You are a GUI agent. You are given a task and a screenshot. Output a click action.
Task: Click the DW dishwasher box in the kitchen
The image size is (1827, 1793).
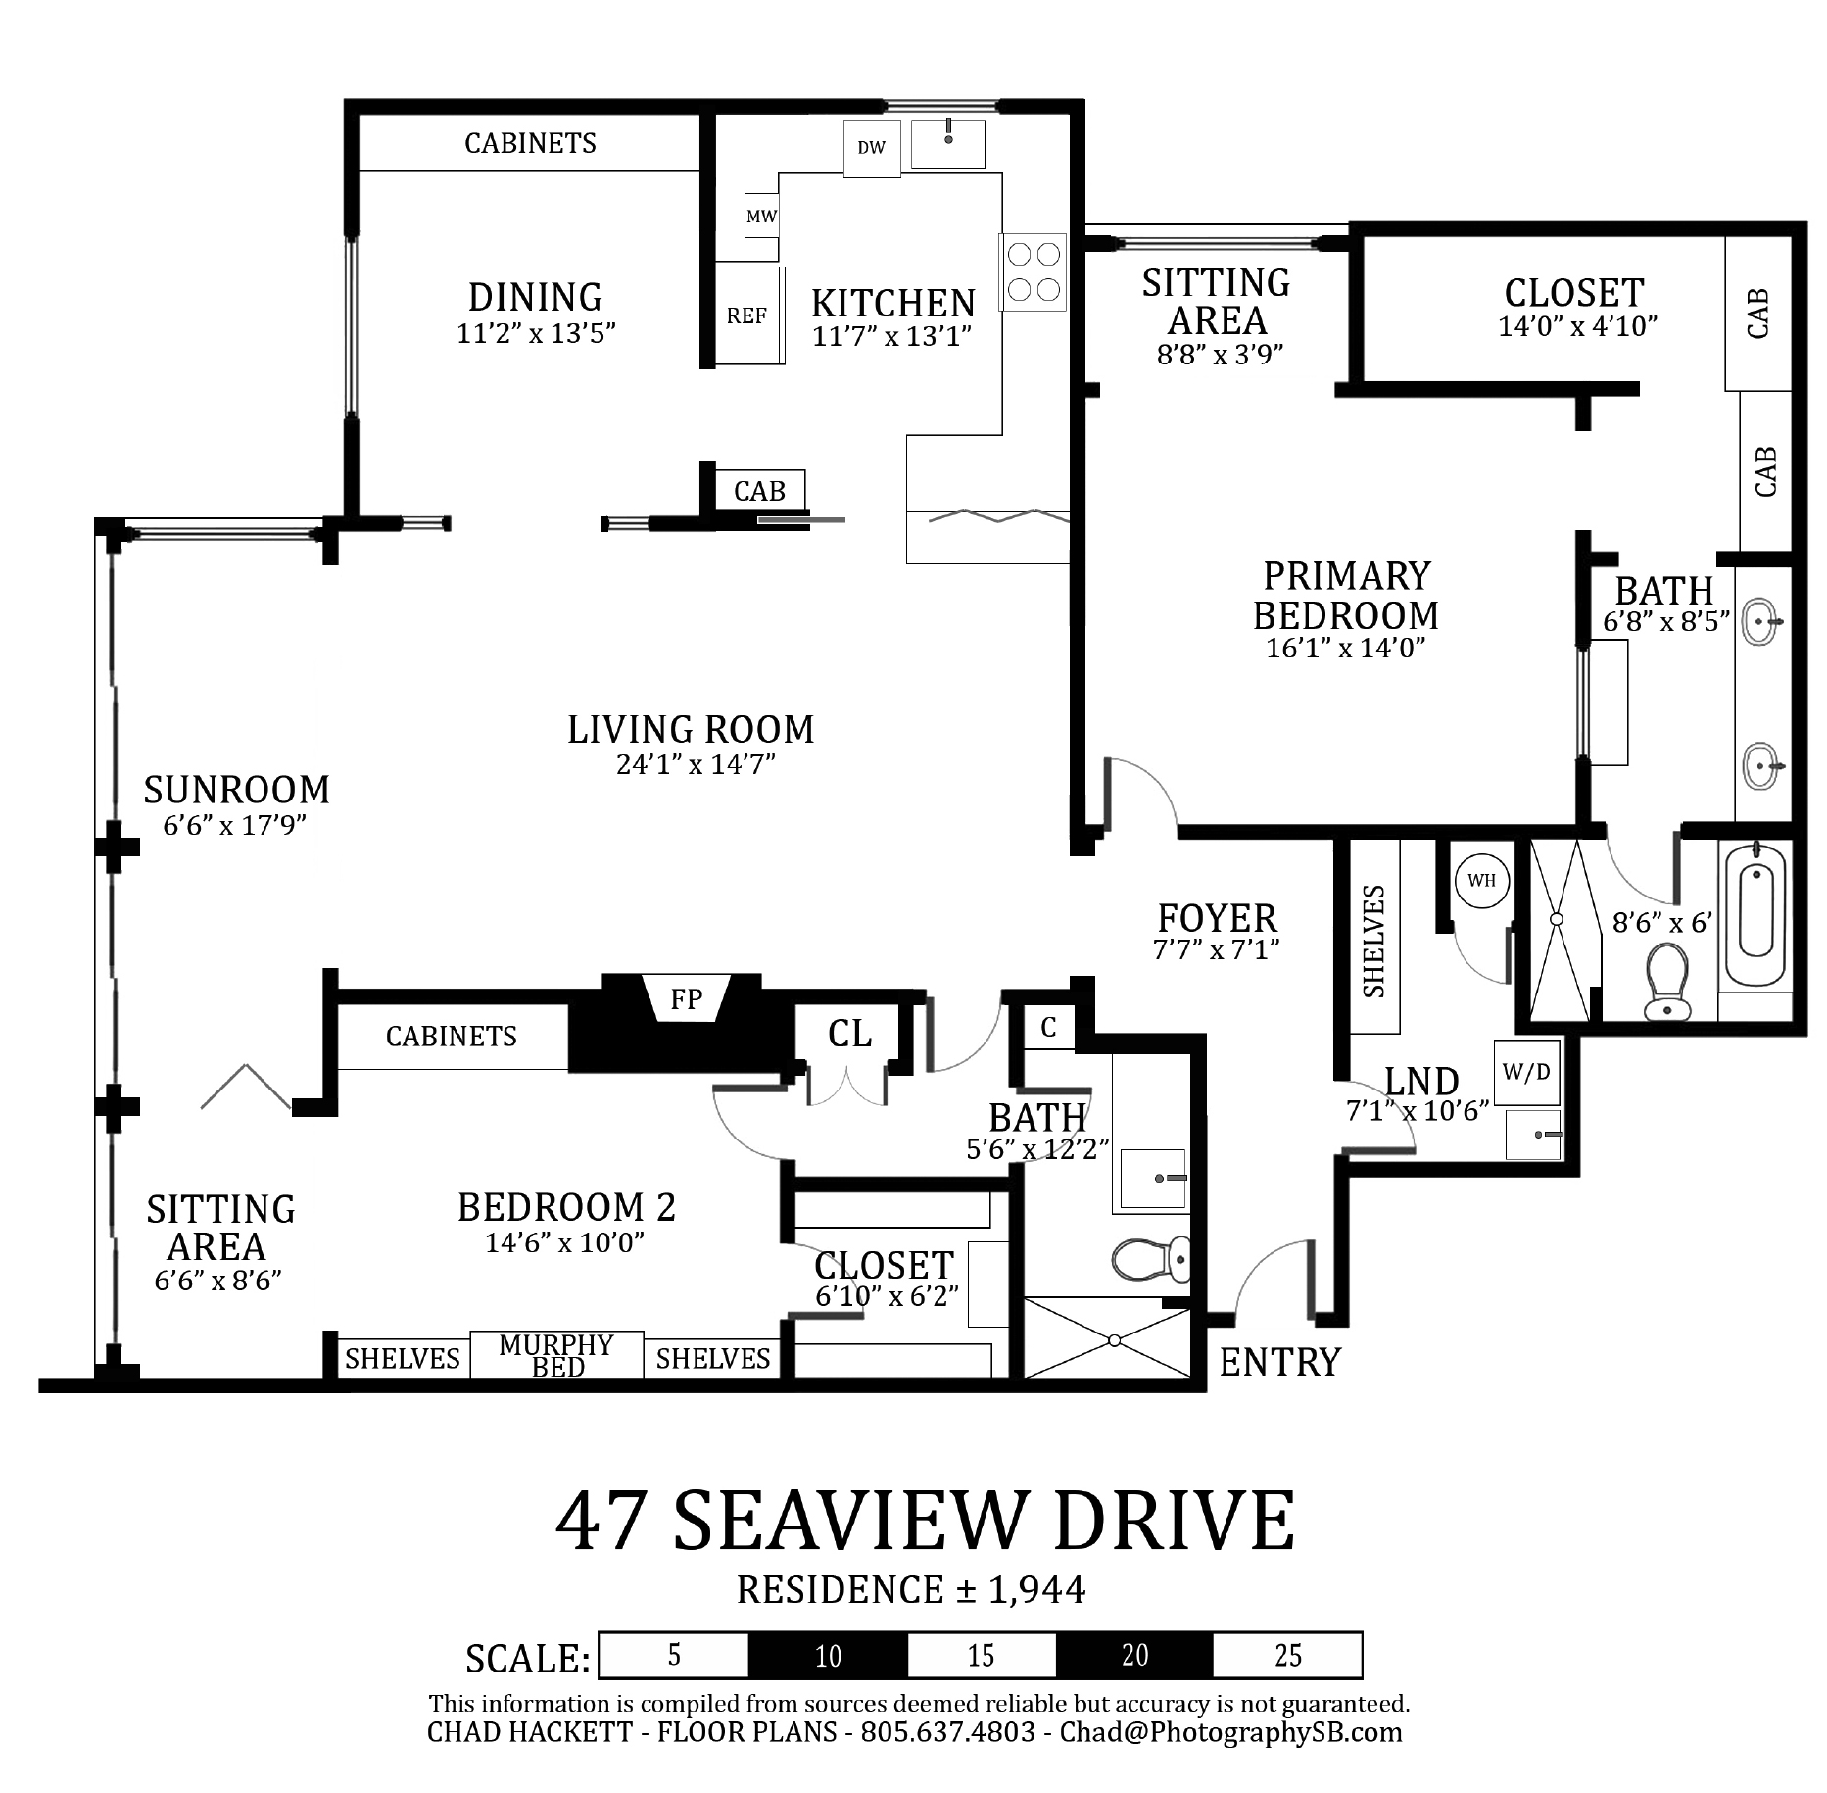coord(872,149)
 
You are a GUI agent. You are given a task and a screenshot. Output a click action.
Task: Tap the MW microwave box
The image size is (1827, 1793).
coord(761,216)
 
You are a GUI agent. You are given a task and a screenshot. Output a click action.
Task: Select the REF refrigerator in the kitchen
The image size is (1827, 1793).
coord(749,315)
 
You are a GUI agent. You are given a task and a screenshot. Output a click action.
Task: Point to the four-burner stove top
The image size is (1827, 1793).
coord(1034,272)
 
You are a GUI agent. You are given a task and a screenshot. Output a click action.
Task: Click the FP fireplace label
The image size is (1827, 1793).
coord(686,998)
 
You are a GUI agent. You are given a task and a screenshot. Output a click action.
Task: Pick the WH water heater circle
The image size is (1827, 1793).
coord(1481,880)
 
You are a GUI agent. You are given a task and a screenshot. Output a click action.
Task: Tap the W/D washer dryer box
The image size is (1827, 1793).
coord(1526,1072)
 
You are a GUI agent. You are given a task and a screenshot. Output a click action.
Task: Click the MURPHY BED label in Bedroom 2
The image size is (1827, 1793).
coord(556,1355)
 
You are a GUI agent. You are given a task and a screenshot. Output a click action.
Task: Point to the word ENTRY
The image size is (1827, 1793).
coord(1279,1362)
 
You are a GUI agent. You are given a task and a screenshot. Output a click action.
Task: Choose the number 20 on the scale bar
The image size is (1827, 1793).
coord(1135,1655)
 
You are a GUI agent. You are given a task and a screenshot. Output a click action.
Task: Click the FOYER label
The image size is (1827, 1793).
coord(1218,918)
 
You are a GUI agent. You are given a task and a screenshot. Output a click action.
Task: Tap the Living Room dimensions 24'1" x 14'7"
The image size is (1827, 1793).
coord(696,763)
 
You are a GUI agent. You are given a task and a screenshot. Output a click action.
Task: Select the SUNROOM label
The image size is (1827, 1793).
coord(237,789)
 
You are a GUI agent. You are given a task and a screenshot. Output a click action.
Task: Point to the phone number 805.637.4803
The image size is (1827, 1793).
coord(947,1731)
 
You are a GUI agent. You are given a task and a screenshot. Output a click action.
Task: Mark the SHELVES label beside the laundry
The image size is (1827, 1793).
coord(1373,942)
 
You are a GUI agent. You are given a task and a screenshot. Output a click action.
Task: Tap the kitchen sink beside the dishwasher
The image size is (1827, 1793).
coord(947,144)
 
